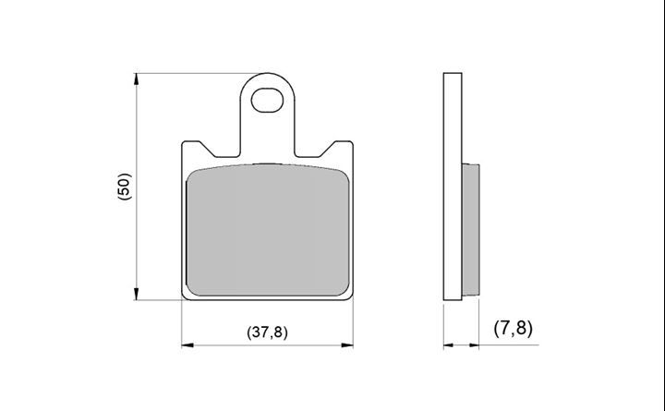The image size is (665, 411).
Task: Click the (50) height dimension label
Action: (x=125, y=187)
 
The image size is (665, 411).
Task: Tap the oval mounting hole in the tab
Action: (x=267, y=100)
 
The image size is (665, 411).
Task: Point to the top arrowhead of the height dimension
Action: (x=136, y=79)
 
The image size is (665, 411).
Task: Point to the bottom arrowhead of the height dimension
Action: (x=136, y=294)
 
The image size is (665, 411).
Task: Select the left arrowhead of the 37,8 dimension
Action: (x=187, y=345)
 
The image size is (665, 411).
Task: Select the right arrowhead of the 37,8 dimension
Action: (x=347, y=345)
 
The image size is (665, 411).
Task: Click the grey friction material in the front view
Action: (x=268, y=230)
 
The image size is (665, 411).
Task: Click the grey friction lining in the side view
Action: (x=471, y=230)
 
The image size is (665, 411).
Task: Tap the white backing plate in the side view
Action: (x=453, y=187)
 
